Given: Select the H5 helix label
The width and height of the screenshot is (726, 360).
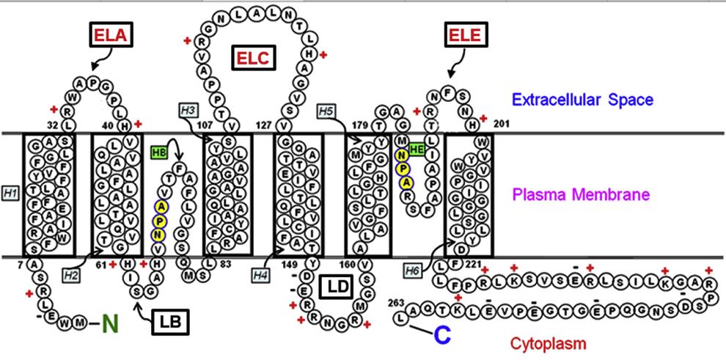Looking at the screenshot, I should point(326,111).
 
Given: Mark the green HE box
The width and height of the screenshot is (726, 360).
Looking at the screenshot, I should point(417,150).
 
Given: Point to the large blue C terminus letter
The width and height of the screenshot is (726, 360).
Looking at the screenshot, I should point(441,336).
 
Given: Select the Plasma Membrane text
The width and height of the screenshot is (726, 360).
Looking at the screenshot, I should point(591,195).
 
